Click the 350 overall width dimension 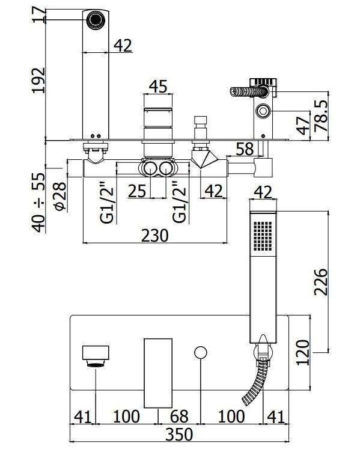(179, 434)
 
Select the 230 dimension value (155, 236)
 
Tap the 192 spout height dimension (38, 80)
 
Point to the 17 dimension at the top (38, 14)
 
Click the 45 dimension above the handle (158, 86)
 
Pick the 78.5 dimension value (321, 116)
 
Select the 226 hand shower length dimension (321, 282)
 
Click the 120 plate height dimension (303, 353)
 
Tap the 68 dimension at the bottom (179, 417)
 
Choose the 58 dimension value (245, 149)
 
